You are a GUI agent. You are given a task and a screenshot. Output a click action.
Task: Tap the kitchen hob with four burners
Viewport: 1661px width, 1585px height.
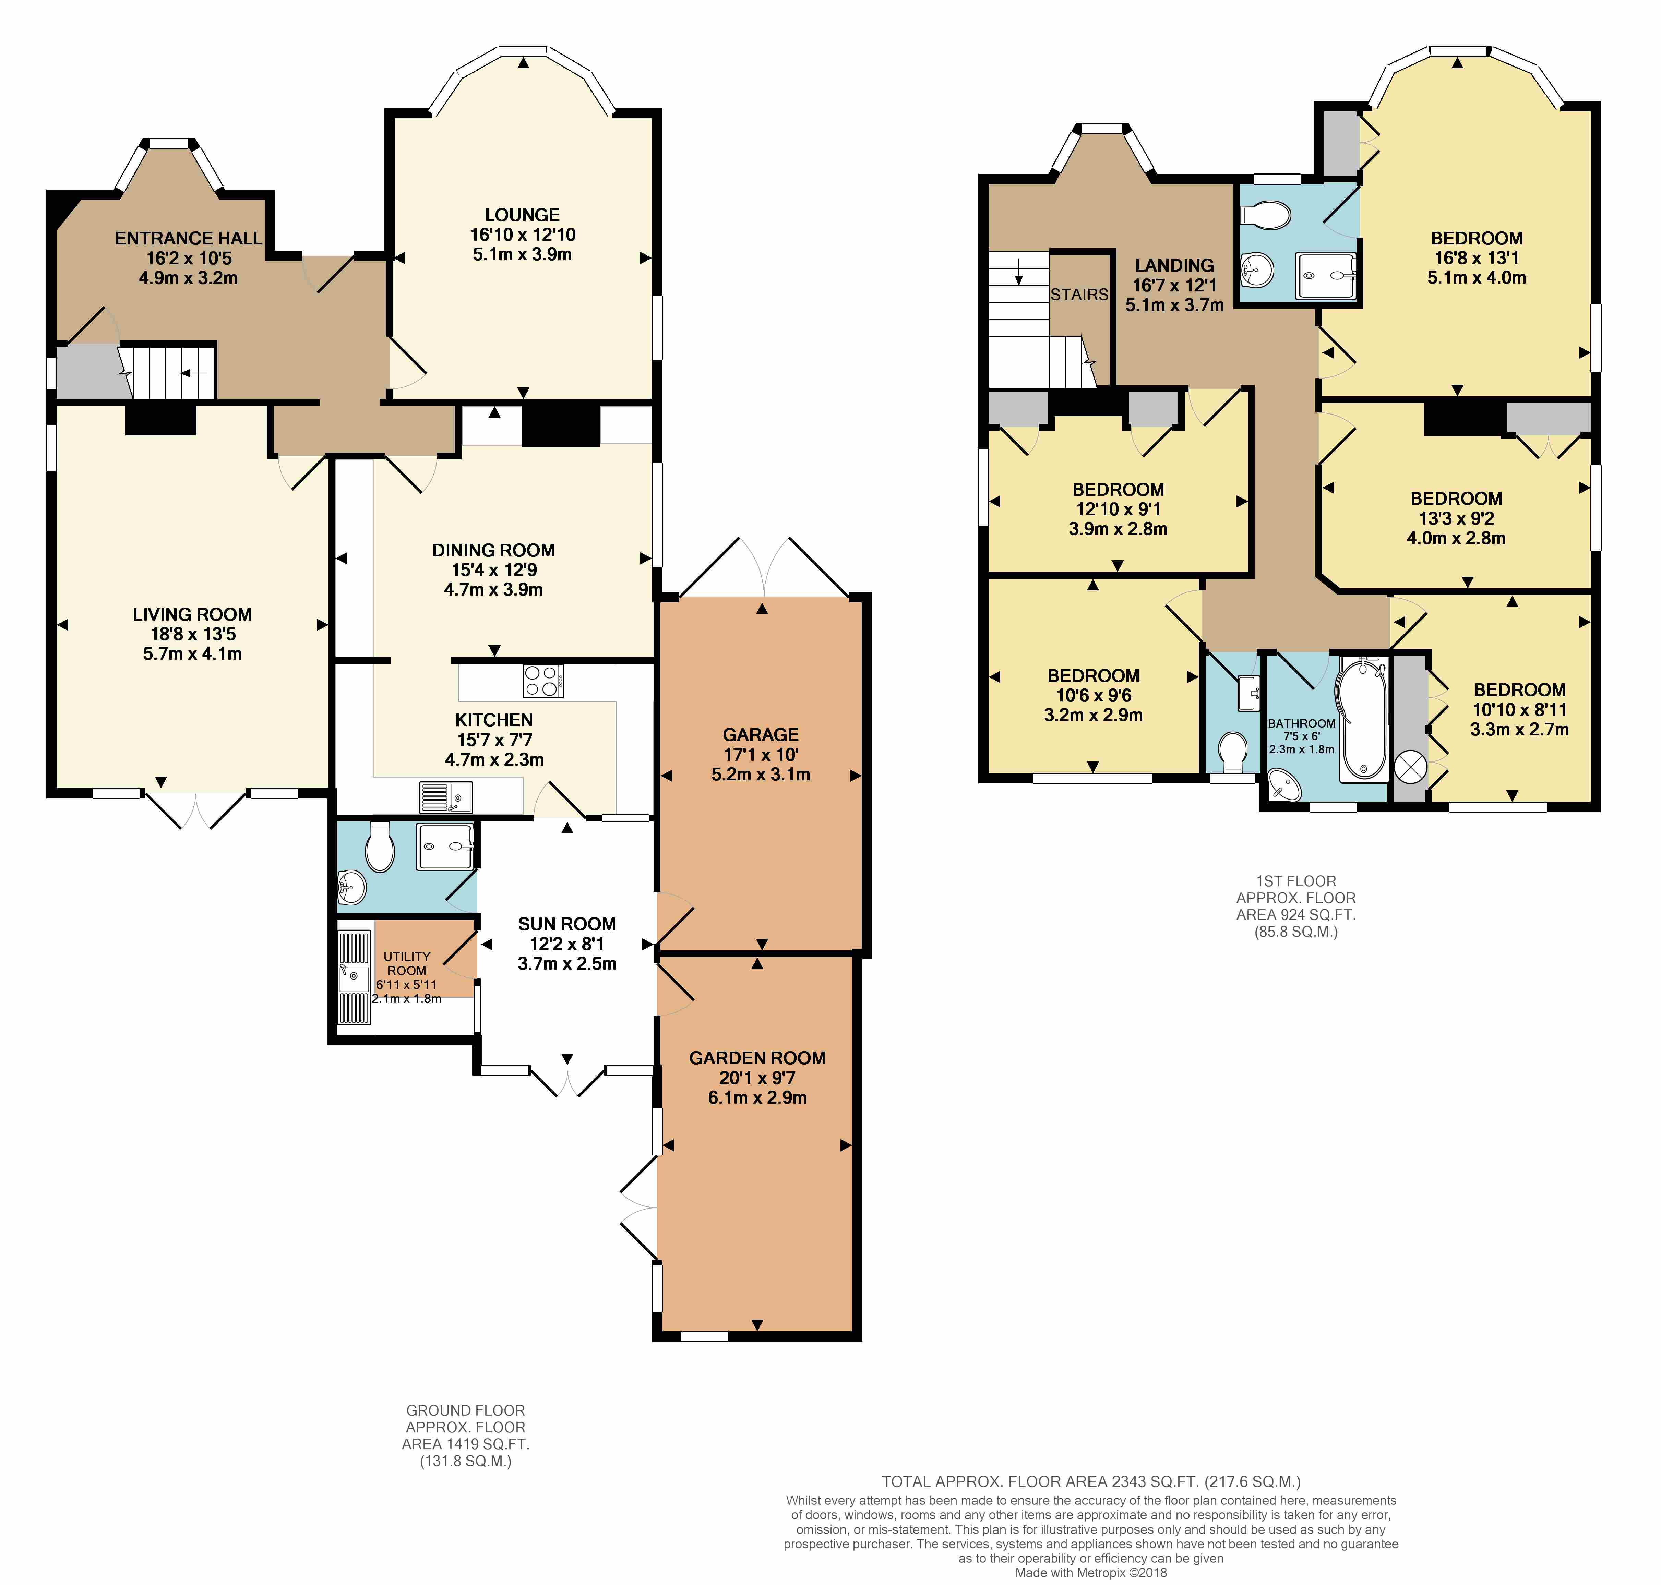543,681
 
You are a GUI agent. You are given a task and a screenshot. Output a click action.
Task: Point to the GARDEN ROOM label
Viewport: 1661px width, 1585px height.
757,1058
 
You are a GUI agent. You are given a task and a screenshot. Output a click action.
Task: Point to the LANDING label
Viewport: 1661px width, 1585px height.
1174,265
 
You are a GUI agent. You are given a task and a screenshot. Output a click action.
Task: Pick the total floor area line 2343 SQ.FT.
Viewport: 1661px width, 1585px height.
1091,1481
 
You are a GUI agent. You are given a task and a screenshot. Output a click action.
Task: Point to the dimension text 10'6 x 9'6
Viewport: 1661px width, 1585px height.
1093,695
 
